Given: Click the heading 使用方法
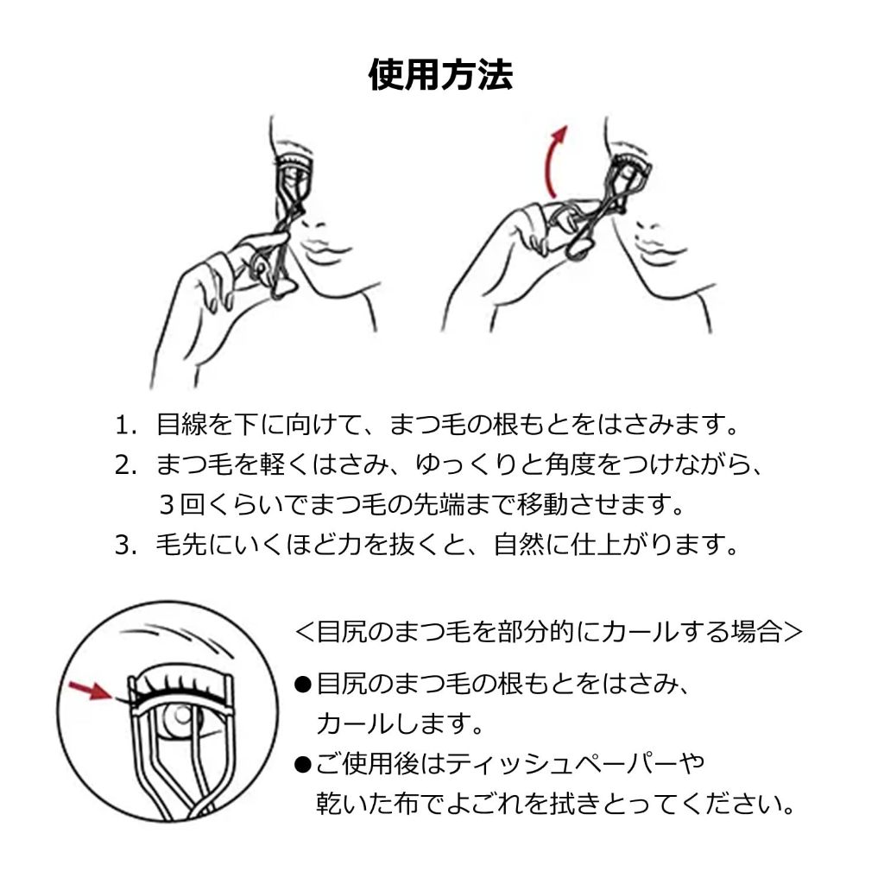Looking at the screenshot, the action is (x=441, y=74).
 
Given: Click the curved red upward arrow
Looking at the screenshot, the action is (x=551, y=161).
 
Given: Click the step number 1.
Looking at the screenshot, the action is (x=124, y=426).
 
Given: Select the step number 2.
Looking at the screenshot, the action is (x=124, y=465).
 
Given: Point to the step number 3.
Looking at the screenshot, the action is (x=124, y=546).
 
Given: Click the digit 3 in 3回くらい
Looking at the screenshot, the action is (x=167, y=505).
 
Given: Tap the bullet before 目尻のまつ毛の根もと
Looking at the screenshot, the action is (x=303, y=685).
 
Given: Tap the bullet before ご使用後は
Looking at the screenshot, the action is (x=303, y=765).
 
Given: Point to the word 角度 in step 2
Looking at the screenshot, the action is (x=571, y=465).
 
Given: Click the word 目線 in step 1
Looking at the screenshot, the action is (x=181, y=425).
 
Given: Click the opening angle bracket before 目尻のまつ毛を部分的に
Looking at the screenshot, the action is (x=305, y=632).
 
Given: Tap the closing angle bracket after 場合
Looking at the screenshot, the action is (x=792, y=632).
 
